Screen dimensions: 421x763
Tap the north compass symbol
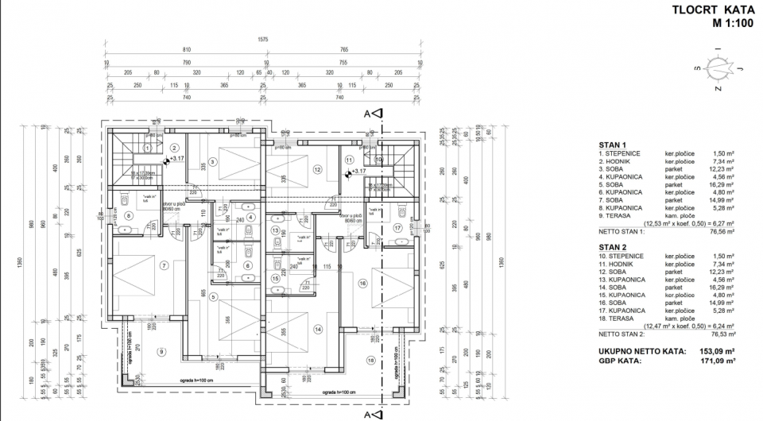(x=720, y=68)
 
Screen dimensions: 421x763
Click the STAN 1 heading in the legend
(x=613, y=145)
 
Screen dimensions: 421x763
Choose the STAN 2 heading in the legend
(x=613, y=247)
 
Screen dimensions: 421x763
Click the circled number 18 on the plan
(x=370, y=361)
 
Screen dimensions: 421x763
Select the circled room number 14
(x=318, y=328)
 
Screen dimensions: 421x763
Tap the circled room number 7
(x=164, y=265)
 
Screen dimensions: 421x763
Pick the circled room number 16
(x=362, y=282)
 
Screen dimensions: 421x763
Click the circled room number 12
(x=316, y=168)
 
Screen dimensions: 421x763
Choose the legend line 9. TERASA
(x=617, y=215)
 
